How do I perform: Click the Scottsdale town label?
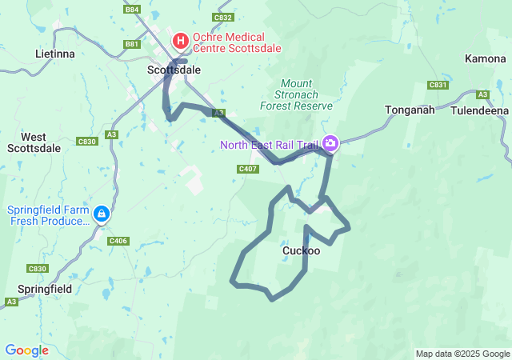174,70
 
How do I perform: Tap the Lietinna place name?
55,54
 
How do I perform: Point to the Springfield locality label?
45,288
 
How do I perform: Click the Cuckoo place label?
302,250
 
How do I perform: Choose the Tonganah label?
410,110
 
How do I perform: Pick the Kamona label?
485,59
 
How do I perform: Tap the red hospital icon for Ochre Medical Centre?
181,39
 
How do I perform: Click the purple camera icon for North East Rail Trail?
330,144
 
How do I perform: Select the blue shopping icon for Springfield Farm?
102,214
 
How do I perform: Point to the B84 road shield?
132,10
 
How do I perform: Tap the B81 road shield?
132,44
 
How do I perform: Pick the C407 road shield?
247,169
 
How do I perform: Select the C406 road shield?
118,241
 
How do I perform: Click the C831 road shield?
438,85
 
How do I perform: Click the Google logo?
26,350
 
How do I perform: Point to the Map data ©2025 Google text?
462,354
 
